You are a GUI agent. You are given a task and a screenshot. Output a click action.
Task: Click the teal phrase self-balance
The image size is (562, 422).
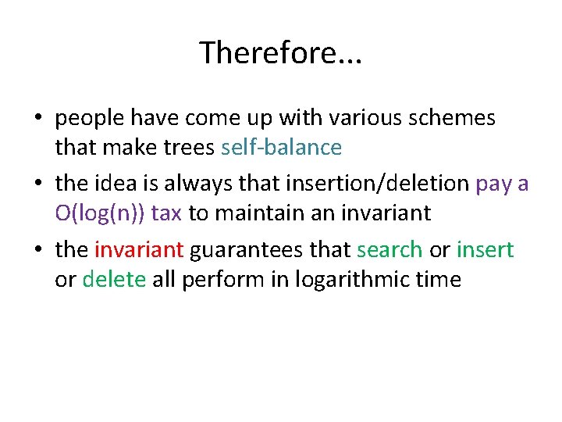tap(281, 147)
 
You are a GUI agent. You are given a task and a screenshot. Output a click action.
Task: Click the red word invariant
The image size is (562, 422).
tap(138, 250)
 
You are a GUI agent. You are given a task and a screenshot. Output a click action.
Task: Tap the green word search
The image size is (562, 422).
tap(389, 250)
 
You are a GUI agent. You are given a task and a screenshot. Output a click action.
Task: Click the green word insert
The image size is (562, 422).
tap(485, 250)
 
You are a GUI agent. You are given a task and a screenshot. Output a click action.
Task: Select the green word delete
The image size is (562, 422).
tap(114, 279)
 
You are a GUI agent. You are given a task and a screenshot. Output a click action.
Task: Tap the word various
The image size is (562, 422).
tap(340, 118)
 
